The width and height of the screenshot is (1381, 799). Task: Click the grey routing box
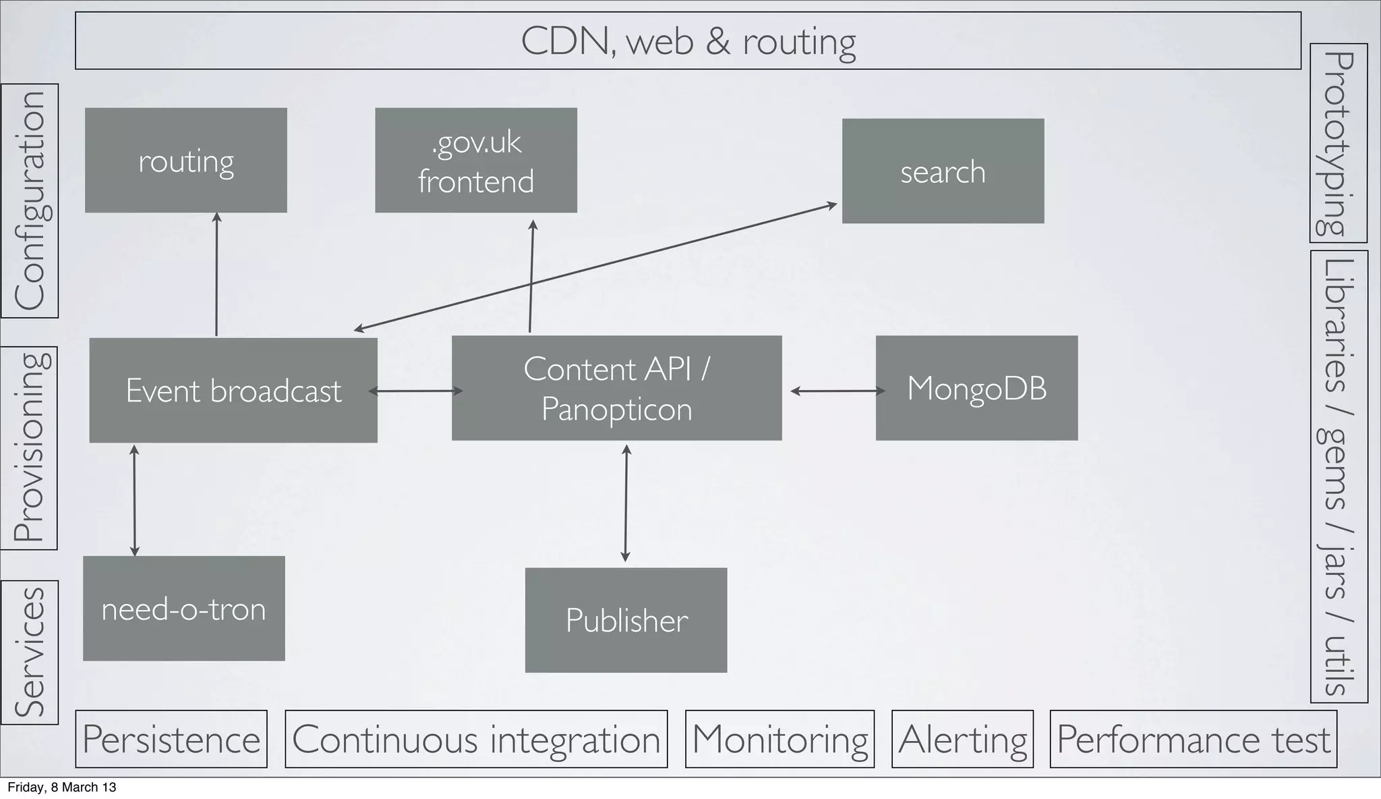(185, 161)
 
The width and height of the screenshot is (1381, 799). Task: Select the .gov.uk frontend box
(475, 161)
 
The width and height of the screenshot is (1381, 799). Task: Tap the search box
(943, 171)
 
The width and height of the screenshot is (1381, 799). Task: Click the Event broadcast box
(233, 391)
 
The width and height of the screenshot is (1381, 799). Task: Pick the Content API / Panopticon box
(616, 389)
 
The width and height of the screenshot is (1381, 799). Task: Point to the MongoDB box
(976, 389)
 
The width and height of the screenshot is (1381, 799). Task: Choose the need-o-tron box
(183, 609)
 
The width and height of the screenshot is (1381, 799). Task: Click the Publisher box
(626, 620)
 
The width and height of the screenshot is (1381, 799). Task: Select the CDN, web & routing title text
(688, 41)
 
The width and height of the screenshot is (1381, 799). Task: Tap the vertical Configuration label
(30, 200)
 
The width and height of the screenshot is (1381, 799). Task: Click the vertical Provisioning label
(29, 448)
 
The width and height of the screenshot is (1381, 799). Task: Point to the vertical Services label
(30, 652)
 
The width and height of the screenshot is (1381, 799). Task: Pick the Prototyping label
(1338, 143)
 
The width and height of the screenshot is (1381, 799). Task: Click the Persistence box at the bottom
(171, 739)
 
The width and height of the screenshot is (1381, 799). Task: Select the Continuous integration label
(476, 739)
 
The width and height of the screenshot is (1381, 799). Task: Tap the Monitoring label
(780, 739)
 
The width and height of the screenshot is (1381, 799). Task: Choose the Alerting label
(962, 739)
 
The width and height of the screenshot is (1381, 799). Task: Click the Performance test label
(1193, 739)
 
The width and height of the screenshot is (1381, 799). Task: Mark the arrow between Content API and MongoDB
(837, 391)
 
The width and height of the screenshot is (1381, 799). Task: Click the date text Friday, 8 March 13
(61, 788)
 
